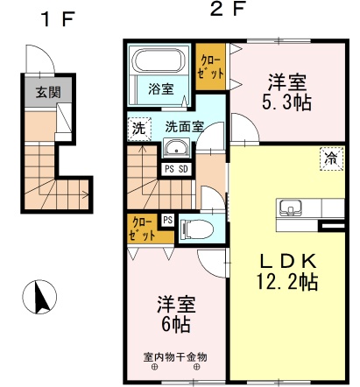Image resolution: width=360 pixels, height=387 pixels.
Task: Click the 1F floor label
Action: pyautogui.click(x=59, y=19)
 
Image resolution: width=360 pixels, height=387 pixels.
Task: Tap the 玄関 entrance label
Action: pyautogui.click(x=48, y=92)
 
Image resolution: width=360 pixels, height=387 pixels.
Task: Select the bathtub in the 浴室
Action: pyautogui.click(x=159, y=60)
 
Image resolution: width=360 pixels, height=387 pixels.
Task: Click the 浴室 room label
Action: pyautogui.click(x=161, y=88)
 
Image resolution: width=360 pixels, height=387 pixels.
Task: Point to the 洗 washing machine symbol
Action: pyautogui.click(x=139, y=130)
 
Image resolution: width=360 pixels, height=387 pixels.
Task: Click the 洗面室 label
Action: pyautogui.click(x=184, y=126)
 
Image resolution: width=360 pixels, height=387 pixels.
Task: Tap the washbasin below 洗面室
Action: pyautogui.click(x=176, y=148)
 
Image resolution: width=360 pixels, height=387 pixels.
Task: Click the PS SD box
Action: pyautogui.click(x=176, y=169)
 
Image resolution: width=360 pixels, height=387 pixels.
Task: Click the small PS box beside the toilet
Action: pyautogui.click(x=167, y=220)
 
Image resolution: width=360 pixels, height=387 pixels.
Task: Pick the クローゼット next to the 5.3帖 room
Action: pyautogui.click(x=210, y=67)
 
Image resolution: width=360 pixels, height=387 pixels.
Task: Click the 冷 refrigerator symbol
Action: pyautogui.click(x=331, y=158)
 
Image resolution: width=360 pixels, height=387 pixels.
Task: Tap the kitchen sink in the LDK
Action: pyautogui.click(x=291, y=208)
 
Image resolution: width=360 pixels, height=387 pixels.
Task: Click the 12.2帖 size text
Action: pyautogui.click(x=287, y=281)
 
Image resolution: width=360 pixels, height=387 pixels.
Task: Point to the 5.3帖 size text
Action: pyautogui.click(x=286, y=102)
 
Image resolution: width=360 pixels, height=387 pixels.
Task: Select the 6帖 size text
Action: pyautogui.click(x=176, y=324)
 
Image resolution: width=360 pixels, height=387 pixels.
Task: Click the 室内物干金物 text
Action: pyautogui.click(x=175, y=356)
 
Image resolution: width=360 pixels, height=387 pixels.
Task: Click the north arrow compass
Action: pyautogui.click(x=39, y=297)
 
